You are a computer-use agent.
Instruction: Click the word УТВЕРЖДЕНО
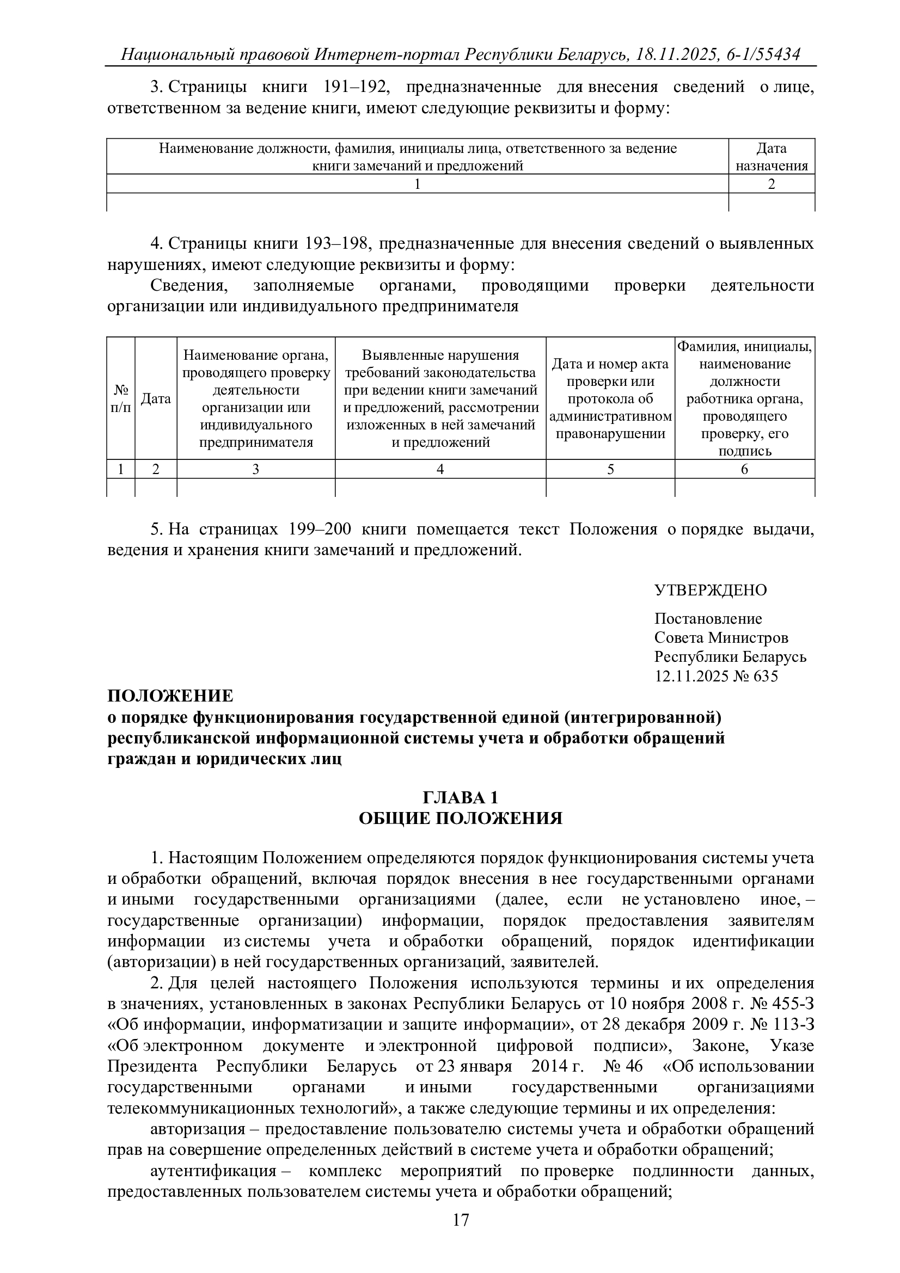point(711,590)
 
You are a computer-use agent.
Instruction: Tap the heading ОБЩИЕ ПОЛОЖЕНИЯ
point(460,819)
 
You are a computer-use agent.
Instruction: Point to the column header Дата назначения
point(772,157)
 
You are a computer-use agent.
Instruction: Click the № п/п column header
point(121,398)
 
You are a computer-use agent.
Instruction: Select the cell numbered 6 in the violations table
point(744,469)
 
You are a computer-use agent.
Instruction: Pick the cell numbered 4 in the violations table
point(440,469)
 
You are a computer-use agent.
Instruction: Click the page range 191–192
point(353,87)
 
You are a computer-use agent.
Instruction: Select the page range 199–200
point(320,530)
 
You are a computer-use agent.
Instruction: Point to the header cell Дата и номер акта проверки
point(610,398)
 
